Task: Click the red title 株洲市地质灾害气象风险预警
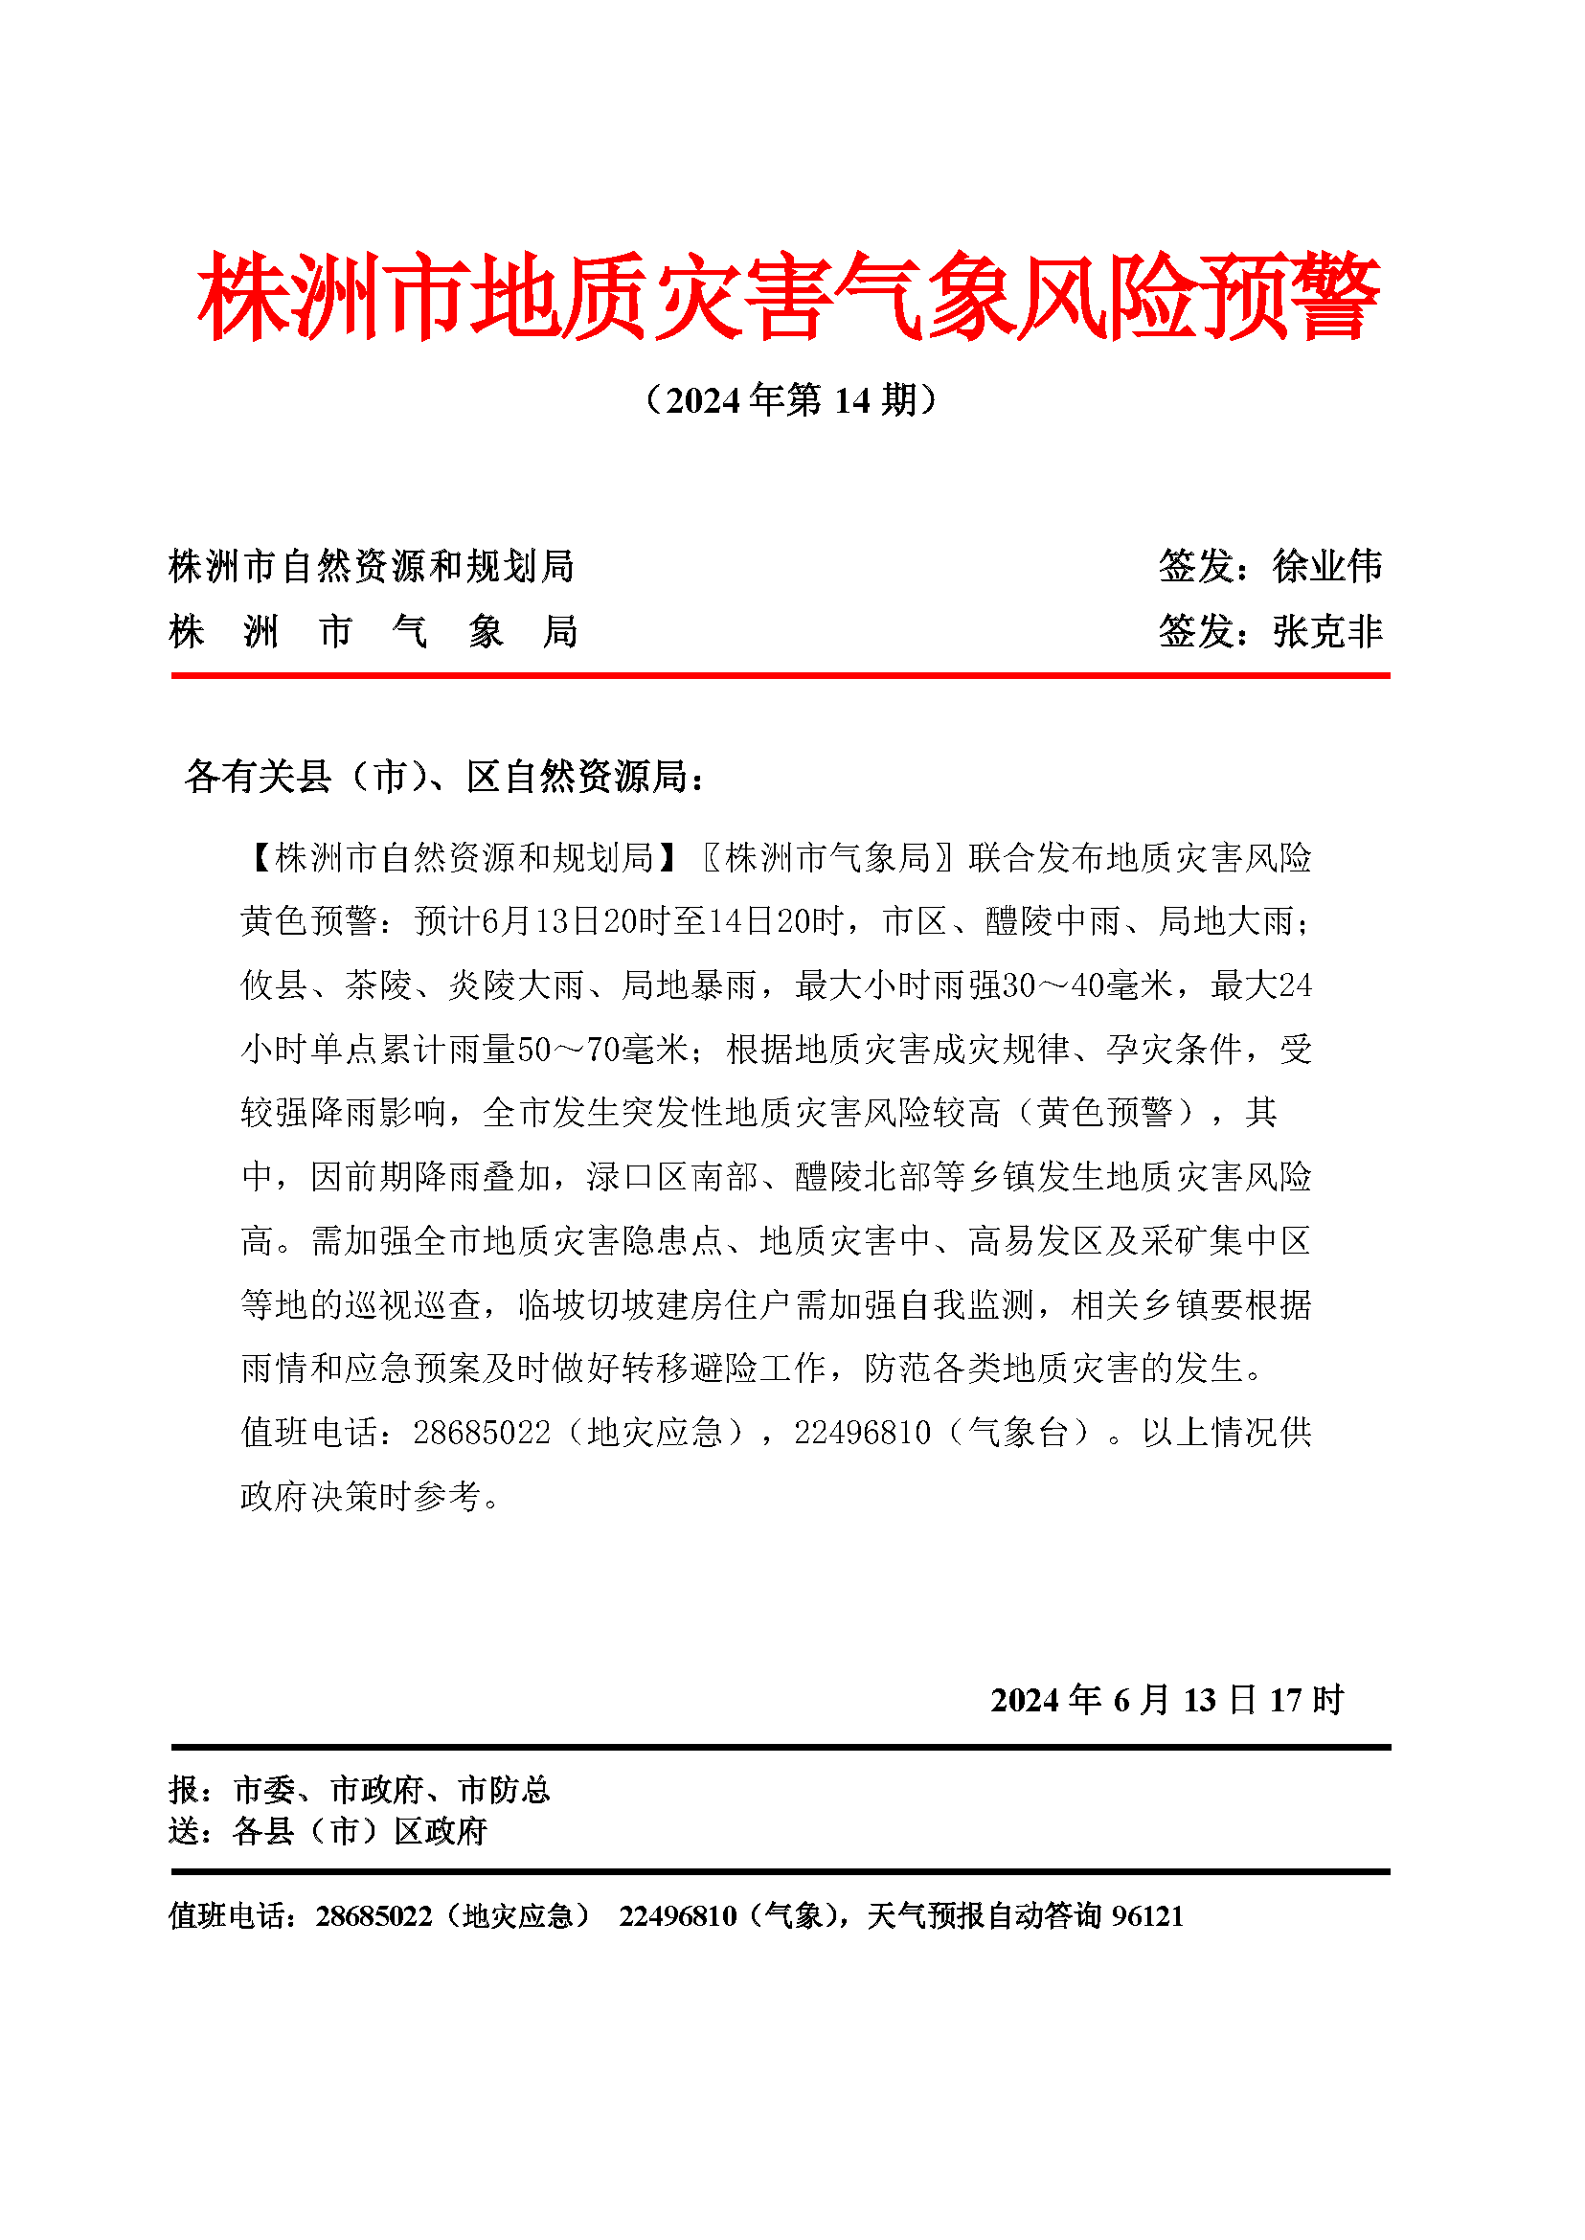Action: [788, 297]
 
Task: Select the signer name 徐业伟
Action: [1327, 566]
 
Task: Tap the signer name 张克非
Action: [1327, 631]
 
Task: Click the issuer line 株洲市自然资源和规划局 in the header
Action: [371, 566]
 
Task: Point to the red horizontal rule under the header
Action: [781, 674]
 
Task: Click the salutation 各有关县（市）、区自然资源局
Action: [443, 777]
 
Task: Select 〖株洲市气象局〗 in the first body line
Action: [827, 858]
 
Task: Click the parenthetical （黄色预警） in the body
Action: [1105, 1113]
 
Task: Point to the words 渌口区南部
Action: [671, 1177]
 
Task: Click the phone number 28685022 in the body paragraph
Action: [482, 1433]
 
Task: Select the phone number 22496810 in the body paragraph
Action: [863, 1433]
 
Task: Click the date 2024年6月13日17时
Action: [1167, 1700]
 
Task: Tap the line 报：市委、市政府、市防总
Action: [359, 1790]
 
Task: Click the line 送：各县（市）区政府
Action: [327, 1831]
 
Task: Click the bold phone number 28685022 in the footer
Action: [374, 1916]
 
